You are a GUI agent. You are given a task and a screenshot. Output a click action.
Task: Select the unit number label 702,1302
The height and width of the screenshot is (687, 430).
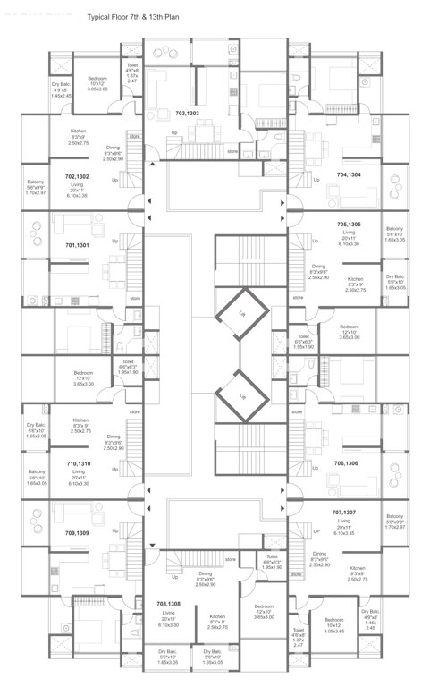tap(77, 177)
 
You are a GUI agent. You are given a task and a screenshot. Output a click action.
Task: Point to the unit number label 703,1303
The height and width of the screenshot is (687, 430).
tap(187, 114)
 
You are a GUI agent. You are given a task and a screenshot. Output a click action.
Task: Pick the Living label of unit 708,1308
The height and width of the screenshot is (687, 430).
tap(169, 618)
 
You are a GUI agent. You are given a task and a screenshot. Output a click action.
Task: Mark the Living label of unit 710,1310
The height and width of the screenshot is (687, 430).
tap(77, 477)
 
